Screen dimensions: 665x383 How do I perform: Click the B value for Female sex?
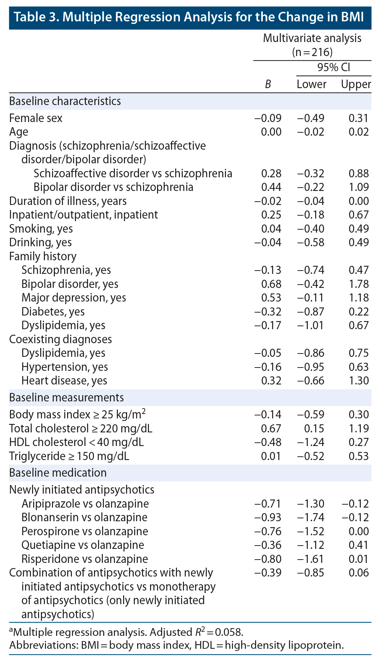pyautogui.click(x=268, y=118)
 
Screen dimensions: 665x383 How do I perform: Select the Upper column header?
pyautogui.click(x=356, y=84)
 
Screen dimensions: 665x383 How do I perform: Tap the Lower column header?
pyautogui.click(x=311, y=84)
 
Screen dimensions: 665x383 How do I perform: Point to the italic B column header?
pyautogui.click(x=268, y=84)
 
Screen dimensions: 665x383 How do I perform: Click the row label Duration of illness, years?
pyautogui.click(x=68, y=201)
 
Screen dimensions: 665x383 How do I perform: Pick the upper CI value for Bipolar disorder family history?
pyautogui.click(x=358, y=284)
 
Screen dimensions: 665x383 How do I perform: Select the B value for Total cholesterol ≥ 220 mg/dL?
pyautogui.click(x=271, y=428)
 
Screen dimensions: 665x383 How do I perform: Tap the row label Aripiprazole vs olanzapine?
pyautogui.click(x=85, y=504)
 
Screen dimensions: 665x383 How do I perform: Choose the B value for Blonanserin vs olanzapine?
pyautogui.click(x=268, y=517)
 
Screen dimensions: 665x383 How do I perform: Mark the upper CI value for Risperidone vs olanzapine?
pyautogui.click(x=358, y=559)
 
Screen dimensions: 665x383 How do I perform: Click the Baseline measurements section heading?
pyautogui.click(x=66, y=398)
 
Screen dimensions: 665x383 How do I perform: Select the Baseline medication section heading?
pyautogui.click(x=58, y=473)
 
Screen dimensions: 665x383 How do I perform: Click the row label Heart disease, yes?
pyautogui.click(x=64, y=380)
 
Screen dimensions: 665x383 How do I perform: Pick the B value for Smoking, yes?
pyautogui.click(x=271, y=229)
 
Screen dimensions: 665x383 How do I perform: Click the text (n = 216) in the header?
pyautogui.click(x=312, y=52)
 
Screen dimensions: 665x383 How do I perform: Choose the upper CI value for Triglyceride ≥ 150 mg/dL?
pyautogui.click(x=358, y=456)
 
